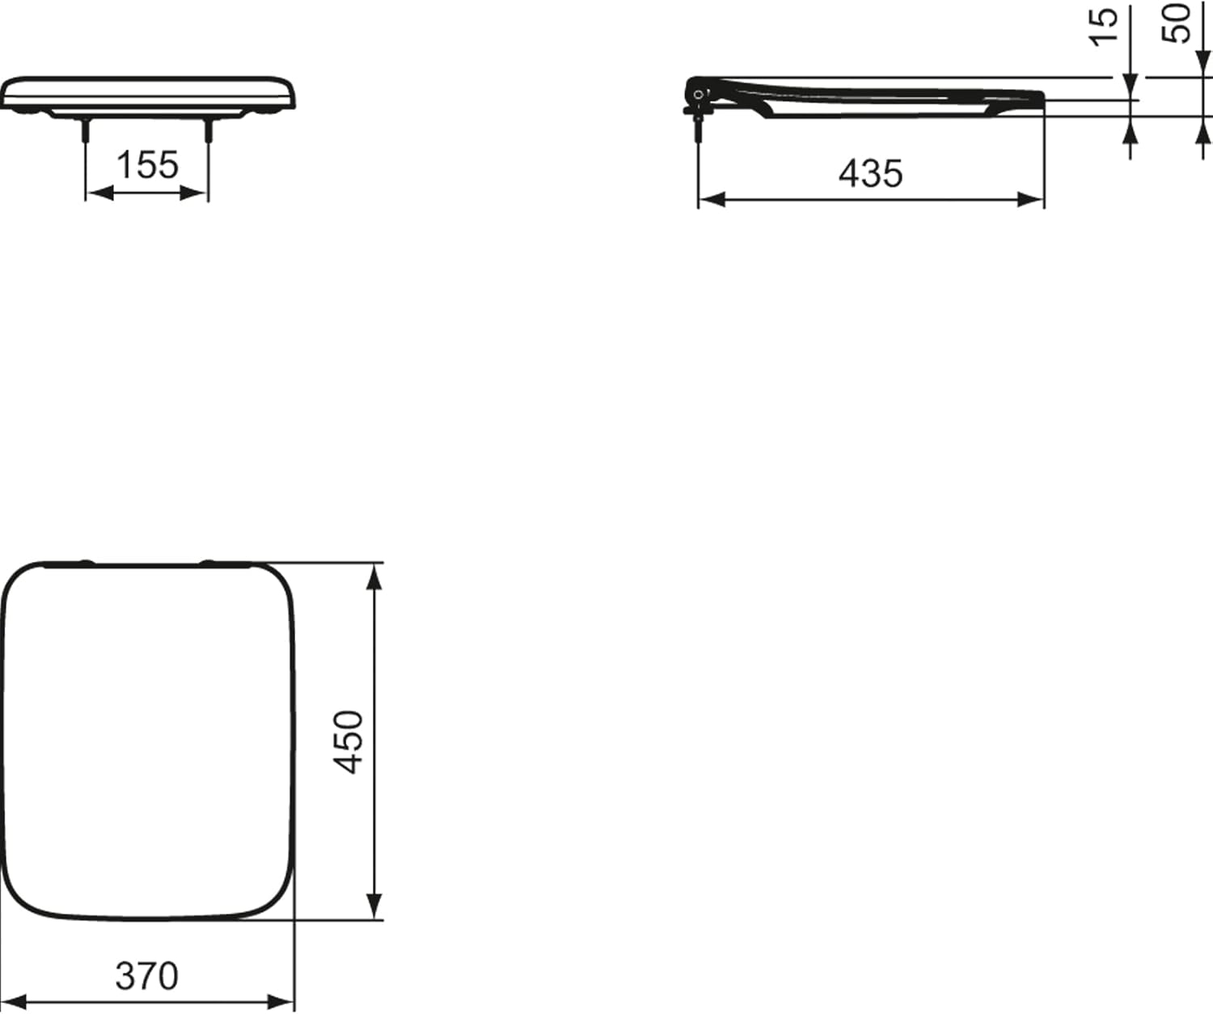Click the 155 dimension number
pyautogui.click(x=147, y=165)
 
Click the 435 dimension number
pyautogui.click(x=870, y=173)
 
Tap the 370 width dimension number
pyautogui.click(x=146, y=976)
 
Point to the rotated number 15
pyautogui.click(x=1104, y=26)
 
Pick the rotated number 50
pyautogui.click(x=1177, y=23)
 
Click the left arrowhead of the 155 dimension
pyautogui.click(x=98, y=192)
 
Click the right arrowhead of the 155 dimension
pyautogui.click(x=196, y=192)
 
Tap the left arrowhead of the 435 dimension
pyautogui.click(x=711, y=200)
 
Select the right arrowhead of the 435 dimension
pyautogui.click(x=1031, y=200)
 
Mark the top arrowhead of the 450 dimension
pyautogui.click(x=374, y=577)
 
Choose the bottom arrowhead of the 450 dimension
pyautogui.click(x=374, y=905)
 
